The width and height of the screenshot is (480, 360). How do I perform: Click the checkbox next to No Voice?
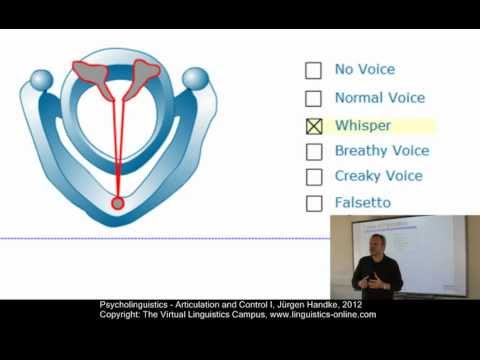(x=313, y=70)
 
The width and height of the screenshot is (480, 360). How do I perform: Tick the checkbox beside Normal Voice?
(x=313, y=99)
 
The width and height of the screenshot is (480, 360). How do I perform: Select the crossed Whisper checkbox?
(x=313, y=127)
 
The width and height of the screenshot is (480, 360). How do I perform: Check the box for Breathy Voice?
(x=313, y=152)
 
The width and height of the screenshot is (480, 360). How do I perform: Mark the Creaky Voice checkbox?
(x=313, y=177)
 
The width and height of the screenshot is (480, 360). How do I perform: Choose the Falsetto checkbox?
(x=313, y=203)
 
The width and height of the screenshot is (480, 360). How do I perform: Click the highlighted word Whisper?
(x=363, y=126)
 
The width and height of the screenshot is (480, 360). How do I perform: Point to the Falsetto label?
(x=363, y=203)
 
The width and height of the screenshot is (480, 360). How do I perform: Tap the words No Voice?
(x=365, y=70)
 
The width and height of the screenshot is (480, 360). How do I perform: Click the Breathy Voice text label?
(x=382, y=151)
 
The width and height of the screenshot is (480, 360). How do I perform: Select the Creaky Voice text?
(x=379, y=176)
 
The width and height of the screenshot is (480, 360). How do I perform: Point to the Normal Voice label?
(x=380, y=98)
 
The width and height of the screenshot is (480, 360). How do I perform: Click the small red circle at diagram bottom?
(x=118, y=203)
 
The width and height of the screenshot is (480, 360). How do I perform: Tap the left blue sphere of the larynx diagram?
(x=41, y=79)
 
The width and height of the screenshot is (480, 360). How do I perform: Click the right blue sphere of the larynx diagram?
(x=195, y=78)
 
